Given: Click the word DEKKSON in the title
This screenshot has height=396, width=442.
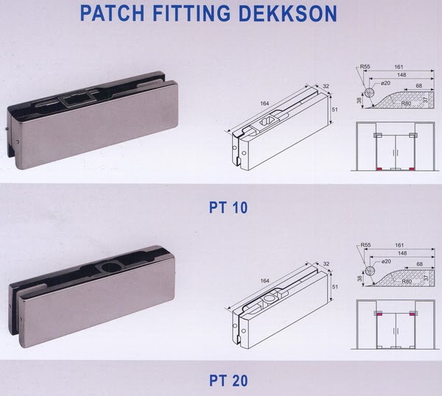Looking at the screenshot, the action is coord(288,13).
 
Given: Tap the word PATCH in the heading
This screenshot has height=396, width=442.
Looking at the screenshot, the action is coord(113,13).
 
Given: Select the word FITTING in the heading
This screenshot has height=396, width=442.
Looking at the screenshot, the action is coord(192,13).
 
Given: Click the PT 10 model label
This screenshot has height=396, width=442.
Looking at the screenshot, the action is coord(228,208).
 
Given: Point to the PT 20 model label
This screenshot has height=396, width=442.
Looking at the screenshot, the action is coord(228,381).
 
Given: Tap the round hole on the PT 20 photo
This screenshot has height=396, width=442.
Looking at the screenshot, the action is coord(112,266).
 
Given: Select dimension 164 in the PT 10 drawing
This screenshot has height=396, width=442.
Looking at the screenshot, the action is coord(264,103).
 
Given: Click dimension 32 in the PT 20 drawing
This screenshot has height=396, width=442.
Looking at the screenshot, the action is coord(326,264).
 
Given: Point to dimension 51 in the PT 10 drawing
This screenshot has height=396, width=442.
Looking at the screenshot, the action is coord(334,110).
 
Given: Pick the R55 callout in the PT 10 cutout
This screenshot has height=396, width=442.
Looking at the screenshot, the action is coord(365,67).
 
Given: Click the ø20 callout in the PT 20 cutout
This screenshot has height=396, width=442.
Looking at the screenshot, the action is coord(386,261).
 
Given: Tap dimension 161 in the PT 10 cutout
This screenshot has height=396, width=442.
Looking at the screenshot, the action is coord(399,67).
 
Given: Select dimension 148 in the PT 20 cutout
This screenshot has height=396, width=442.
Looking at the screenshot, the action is coord(402,253).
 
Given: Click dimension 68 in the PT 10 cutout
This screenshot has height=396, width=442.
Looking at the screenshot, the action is coord(419,86).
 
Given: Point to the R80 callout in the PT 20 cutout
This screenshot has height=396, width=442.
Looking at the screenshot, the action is coord(407,281).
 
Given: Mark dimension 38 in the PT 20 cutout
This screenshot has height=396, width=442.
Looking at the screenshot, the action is coord(359,278).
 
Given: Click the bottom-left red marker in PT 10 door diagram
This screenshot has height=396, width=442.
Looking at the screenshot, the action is coord(379,169).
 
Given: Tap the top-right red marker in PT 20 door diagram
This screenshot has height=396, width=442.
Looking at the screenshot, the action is coord(412,314).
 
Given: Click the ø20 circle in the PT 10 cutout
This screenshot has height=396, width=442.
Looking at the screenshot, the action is coord(370,93).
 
